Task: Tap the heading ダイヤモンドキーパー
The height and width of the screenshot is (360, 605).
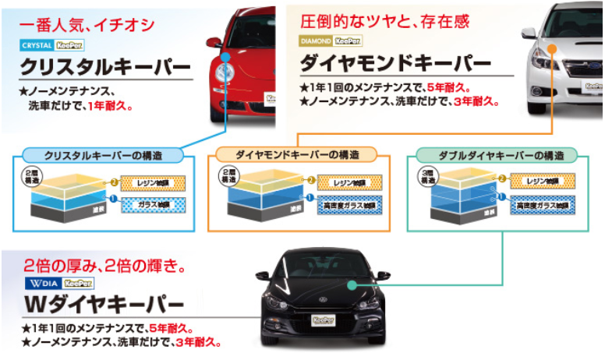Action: click(x=395, y=62)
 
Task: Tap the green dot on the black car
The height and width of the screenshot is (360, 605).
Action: click(x=353, y=286)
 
